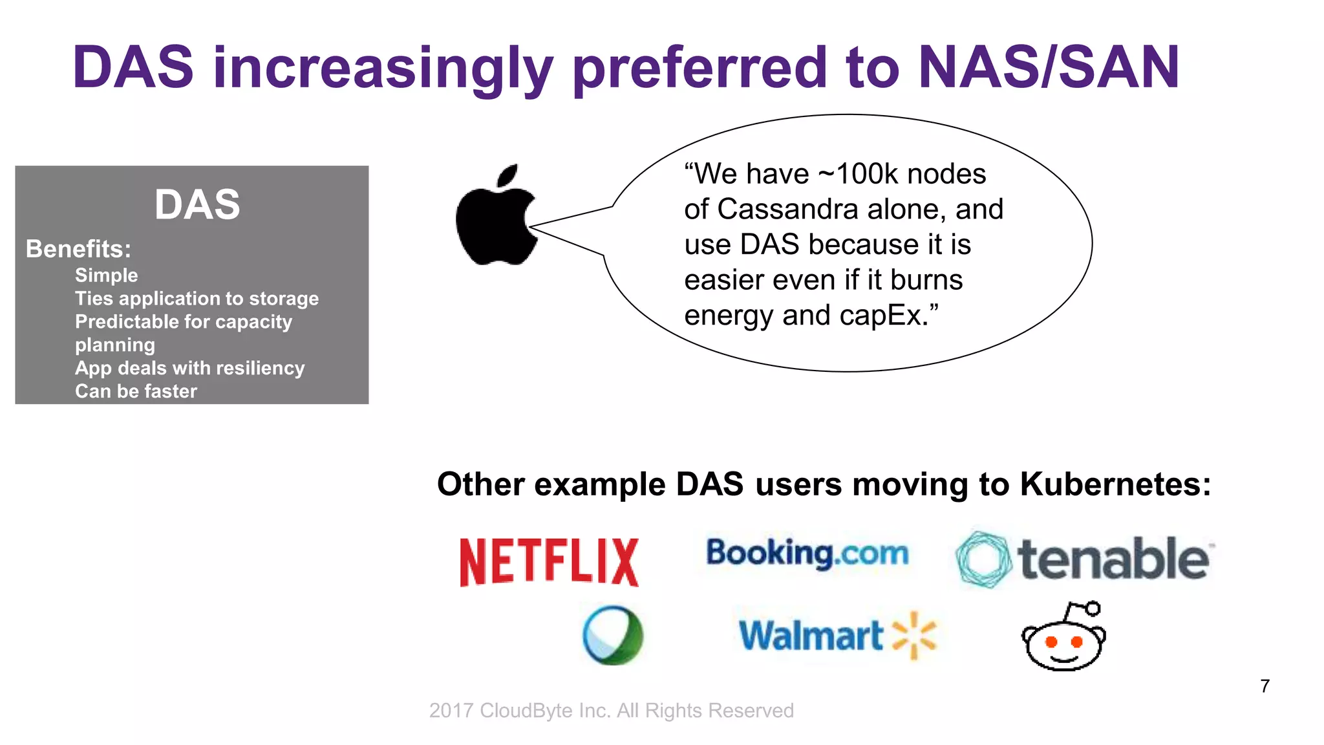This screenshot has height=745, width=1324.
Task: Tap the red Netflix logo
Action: tap(549, 562)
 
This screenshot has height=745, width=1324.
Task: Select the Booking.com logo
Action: tap(807, 554)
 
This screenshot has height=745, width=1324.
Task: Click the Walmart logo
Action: tap(838, 636)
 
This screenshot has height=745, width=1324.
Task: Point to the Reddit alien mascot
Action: tap(1064, 637)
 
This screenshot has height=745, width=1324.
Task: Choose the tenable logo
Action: tap(1084, 559)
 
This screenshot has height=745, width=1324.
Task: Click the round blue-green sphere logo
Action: tap(613, 635)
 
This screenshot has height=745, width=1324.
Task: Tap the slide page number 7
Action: tap(1265, 686)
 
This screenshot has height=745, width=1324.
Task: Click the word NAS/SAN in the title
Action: tap(1049, 67)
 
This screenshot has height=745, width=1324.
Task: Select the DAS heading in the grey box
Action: tap(197, 204)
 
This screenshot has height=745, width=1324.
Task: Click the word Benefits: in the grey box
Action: tap(78, 249)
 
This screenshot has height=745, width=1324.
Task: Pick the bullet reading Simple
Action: tap(107, 275)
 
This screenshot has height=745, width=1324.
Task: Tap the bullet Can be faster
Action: tap(136, 391)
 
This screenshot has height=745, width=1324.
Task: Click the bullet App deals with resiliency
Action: tap(189, 368)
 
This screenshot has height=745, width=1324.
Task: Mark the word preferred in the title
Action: tap(699, 69)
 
